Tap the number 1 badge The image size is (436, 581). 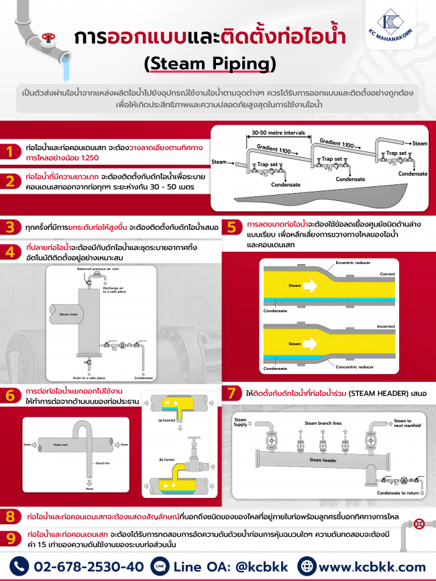click(x=10, y=151)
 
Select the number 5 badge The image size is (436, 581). click(x=231, y=227)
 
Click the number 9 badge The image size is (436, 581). click(x=10, y=537)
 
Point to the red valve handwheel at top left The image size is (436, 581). click(x=47, y=38)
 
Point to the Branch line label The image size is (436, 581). click(x=102, y=463)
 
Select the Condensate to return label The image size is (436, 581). click(x=398, y=493)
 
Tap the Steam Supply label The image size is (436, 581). click(x=240, y=422)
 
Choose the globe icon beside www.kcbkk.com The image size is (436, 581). click(x=307, y=566)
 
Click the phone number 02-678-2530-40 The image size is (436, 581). click(x=87, y=566)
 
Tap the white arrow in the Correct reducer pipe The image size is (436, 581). click(x=310, y=286)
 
